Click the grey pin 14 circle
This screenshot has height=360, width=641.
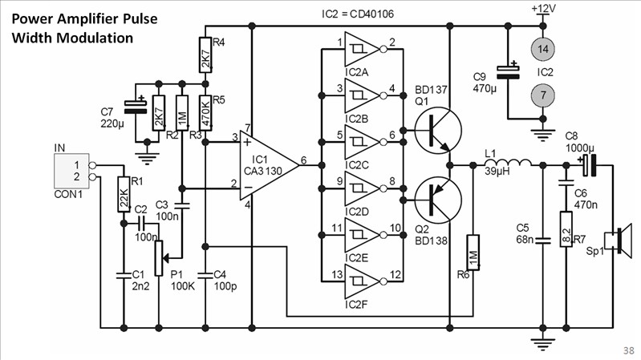[x=544, y=50]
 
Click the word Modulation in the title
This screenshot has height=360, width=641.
[x=95, y=37]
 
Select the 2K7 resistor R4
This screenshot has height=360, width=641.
[x=205, y=59]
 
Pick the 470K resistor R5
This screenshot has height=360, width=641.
[x=205, y=113]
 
